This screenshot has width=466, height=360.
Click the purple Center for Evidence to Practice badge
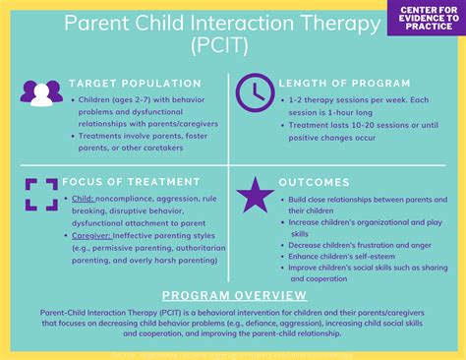tap(425, 19)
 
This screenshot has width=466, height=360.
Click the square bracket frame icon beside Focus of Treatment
tap(40, 193)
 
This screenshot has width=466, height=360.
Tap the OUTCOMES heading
tap(314, 183)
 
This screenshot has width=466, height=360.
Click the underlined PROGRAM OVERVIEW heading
tap(232, 294)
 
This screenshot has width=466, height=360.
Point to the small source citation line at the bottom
tap(233, 349)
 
